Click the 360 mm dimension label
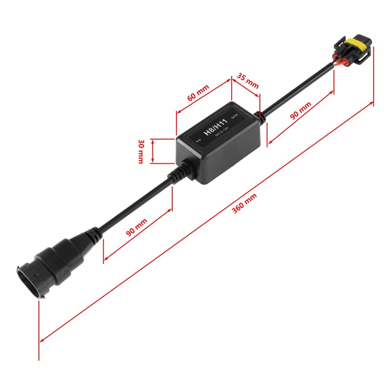point(244,203)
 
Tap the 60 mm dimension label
point(198,92)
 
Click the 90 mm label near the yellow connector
point(301,111)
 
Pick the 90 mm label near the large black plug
point(137,227)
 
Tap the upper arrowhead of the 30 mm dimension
point(152,141)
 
